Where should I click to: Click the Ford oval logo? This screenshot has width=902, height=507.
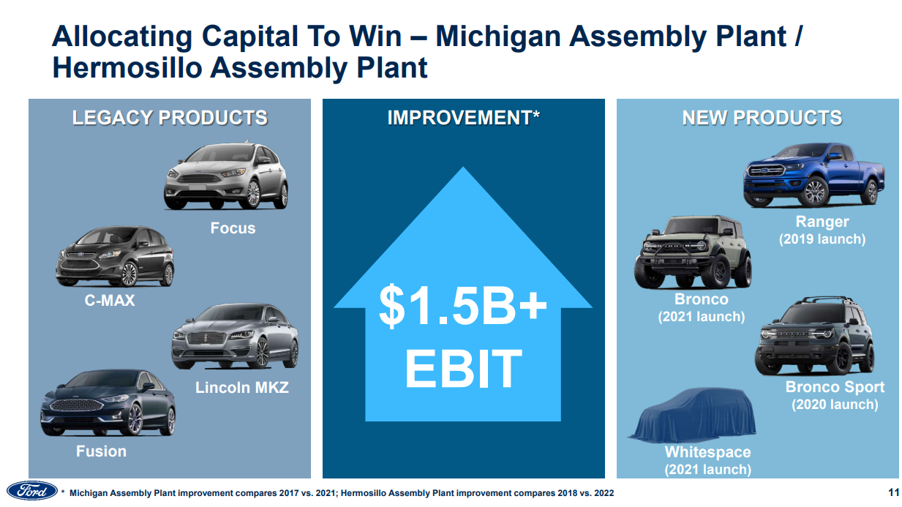pos(32,491)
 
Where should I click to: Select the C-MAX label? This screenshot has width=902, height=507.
pos(110,301)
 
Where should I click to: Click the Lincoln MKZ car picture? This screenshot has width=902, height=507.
pos(235,337)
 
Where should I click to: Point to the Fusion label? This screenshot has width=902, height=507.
pos(101,451)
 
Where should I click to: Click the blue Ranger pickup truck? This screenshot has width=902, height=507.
pos(813,175)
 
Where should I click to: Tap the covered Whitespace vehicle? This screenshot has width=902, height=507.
pos(693,415)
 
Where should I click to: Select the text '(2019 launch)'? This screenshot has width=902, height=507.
pos(822,239)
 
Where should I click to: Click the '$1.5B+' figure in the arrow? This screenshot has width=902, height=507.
pos(463,306)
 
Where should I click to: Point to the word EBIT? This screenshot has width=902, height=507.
pos(463,369)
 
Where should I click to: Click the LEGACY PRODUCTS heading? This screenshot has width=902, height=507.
pos(170,118)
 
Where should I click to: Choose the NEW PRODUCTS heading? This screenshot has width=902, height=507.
pos(762,118)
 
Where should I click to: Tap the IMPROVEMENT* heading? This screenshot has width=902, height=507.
pos(463,118)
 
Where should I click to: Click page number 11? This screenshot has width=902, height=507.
pos(893,492)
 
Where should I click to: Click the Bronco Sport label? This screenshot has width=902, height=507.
pos(835,387)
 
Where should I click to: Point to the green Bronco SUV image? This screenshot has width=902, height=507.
pos(693,252)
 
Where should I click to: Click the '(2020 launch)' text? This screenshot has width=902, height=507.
pos(835,405)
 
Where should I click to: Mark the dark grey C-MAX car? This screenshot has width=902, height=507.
pos(115,257)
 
